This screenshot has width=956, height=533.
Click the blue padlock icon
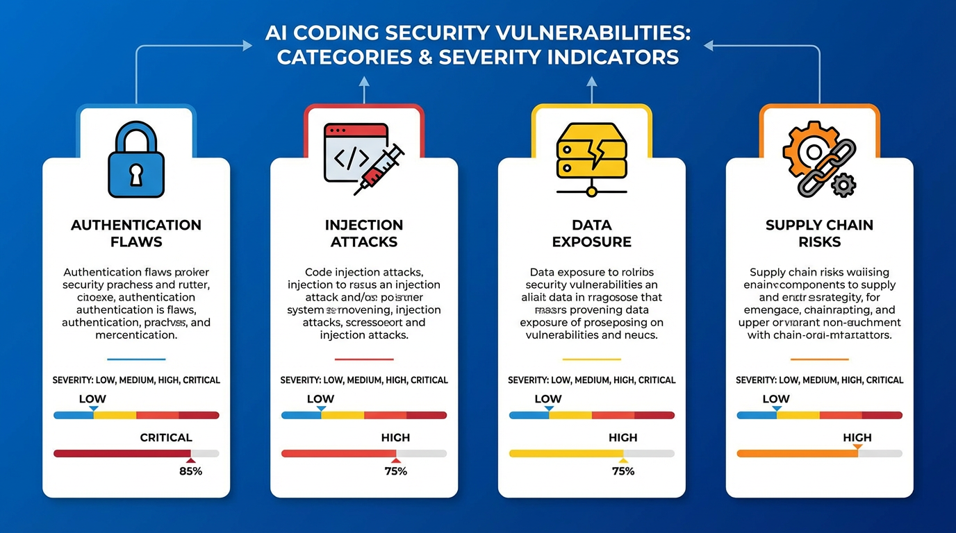click(x=136, y=161)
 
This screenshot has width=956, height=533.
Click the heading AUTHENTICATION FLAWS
click(x=136, y=233)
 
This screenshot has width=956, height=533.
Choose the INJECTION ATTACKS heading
click(x=364, y=233)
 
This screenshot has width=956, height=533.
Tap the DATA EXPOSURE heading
click(x=592, y=233)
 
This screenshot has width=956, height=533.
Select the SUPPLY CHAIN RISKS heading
click(x=820, y=233)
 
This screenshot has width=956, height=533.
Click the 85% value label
click(x=190, y=471)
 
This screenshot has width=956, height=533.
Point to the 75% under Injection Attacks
click(x=395, y=471)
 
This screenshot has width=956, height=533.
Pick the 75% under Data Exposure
click(x=623, y=471)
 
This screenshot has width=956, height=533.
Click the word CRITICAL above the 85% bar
click(x=166, y=437)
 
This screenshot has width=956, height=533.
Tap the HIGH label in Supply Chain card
click(x=857, y=437)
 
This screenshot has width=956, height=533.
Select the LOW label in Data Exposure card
click(x=548, y=398)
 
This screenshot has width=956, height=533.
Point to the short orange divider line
click(x=820, y=359)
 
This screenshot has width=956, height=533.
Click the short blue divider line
click(x=136, y=359)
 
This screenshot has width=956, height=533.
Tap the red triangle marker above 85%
click(x=191, y=459)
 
